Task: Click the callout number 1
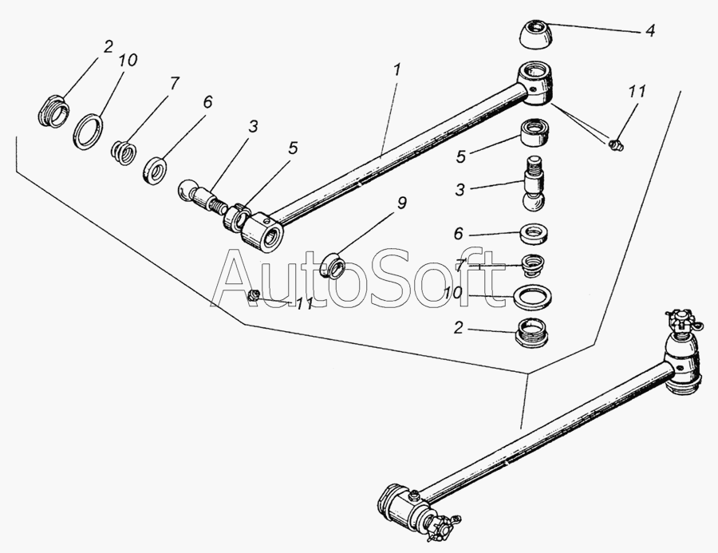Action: tap(396, 70)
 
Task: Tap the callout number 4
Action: tap(649, 30)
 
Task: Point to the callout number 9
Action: tap(401, 203)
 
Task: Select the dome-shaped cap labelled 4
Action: tap(535, 34)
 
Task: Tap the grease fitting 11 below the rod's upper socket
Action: tap(617, 144)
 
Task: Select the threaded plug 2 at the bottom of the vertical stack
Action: tap(533, 332)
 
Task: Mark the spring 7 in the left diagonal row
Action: tap(124, 152)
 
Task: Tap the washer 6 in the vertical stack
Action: tap(534, 233)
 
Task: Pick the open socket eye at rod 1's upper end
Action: tap(535, 82)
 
